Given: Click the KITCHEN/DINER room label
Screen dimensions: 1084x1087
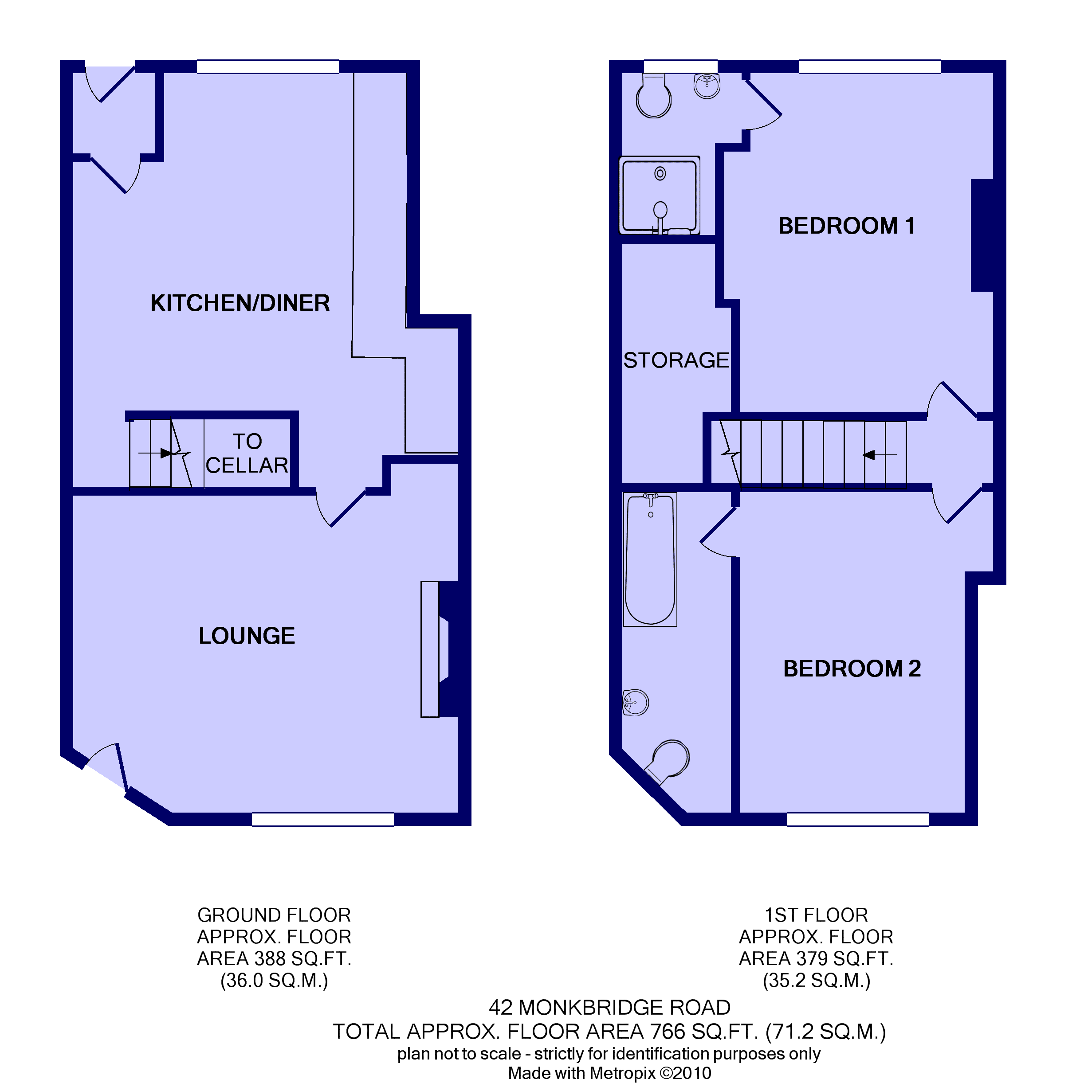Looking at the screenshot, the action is [x=240, y=303].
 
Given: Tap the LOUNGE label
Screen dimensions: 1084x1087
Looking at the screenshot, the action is [x=247, y=636].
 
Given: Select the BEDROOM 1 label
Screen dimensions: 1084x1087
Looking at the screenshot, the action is [x=846, y=226].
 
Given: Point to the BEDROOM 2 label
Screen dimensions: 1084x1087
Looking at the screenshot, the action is [x=852, y=669].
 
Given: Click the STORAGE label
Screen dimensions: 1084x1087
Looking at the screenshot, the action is [x=676, y=360].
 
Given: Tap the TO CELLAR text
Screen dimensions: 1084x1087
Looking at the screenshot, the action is [x=247, y=453].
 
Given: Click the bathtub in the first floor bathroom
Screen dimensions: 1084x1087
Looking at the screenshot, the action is [x=650, y=559].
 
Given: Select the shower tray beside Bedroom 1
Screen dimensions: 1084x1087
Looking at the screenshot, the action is [x=660, y=195].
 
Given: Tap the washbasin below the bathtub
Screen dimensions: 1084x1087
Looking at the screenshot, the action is [x=636, y=703].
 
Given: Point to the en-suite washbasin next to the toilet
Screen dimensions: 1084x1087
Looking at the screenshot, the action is [x=707, y=86].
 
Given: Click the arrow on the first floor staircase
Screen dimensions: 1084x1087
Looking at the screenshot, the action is [x=879, y=454].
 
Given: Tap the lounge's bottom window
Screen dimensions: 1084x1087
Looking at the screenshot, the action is [x=322, y=819].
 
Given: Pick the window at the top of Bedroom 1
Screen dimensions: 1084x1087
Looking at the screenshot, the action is [x=870, y=66].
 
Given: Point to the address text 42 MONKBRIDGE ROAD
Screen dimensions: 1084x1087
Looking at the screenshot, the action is [x=609, y=1007].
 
